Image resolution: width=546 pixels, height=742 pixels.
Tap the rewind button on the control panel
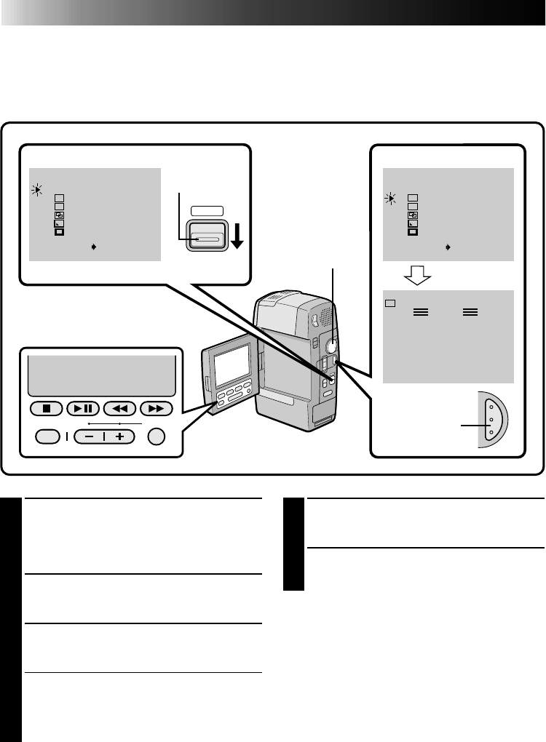[120, 407]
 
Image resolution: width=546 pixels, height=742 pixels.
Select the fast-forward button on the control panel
[157, 407]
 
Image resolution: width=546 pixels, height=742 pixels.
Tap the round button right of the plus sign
[157, 436]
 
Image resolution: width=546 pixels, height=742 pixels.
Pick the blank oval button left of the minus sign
[47, 436]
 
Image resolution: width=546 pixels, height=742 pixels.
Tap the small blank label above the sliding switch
[207, 211]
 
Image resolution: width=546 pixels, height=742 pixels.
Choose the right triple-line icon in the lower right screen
[470, 311]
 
